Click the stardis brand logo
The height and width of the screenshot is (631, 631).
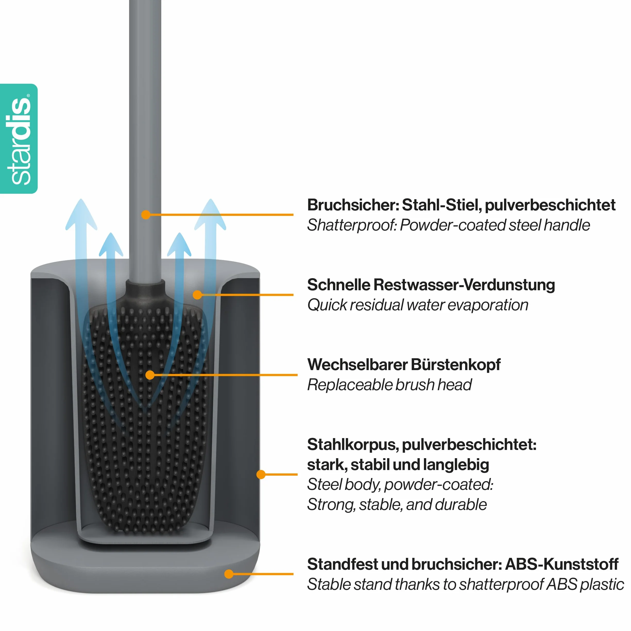[x=19, y=139]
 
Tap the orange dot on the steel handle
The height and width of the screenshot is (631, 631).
[x=146, y=215]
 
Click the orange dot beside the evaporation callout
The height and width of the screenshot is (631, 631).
[x=197, y=295]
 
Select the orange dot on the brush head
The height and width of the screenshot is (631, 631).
[x=150, y=375]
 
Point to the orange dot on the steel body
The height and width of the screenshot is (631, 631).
[x=261, y=474]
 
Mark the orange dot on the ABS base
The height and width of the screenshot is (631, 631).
[x=229, y=574]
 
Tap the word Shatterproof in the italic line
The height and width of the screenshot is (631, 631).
[x=352, y=225]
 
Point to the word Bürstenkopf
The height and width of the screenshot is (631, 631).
[x=455, y=364]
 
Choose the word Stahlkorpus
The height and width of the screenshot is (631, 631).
[x=353, y=445]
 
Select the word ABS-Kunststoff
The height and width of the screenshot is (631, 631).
[x=562, y=564]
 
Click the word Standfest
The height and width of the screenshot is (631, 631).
[x=342, y=564]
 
